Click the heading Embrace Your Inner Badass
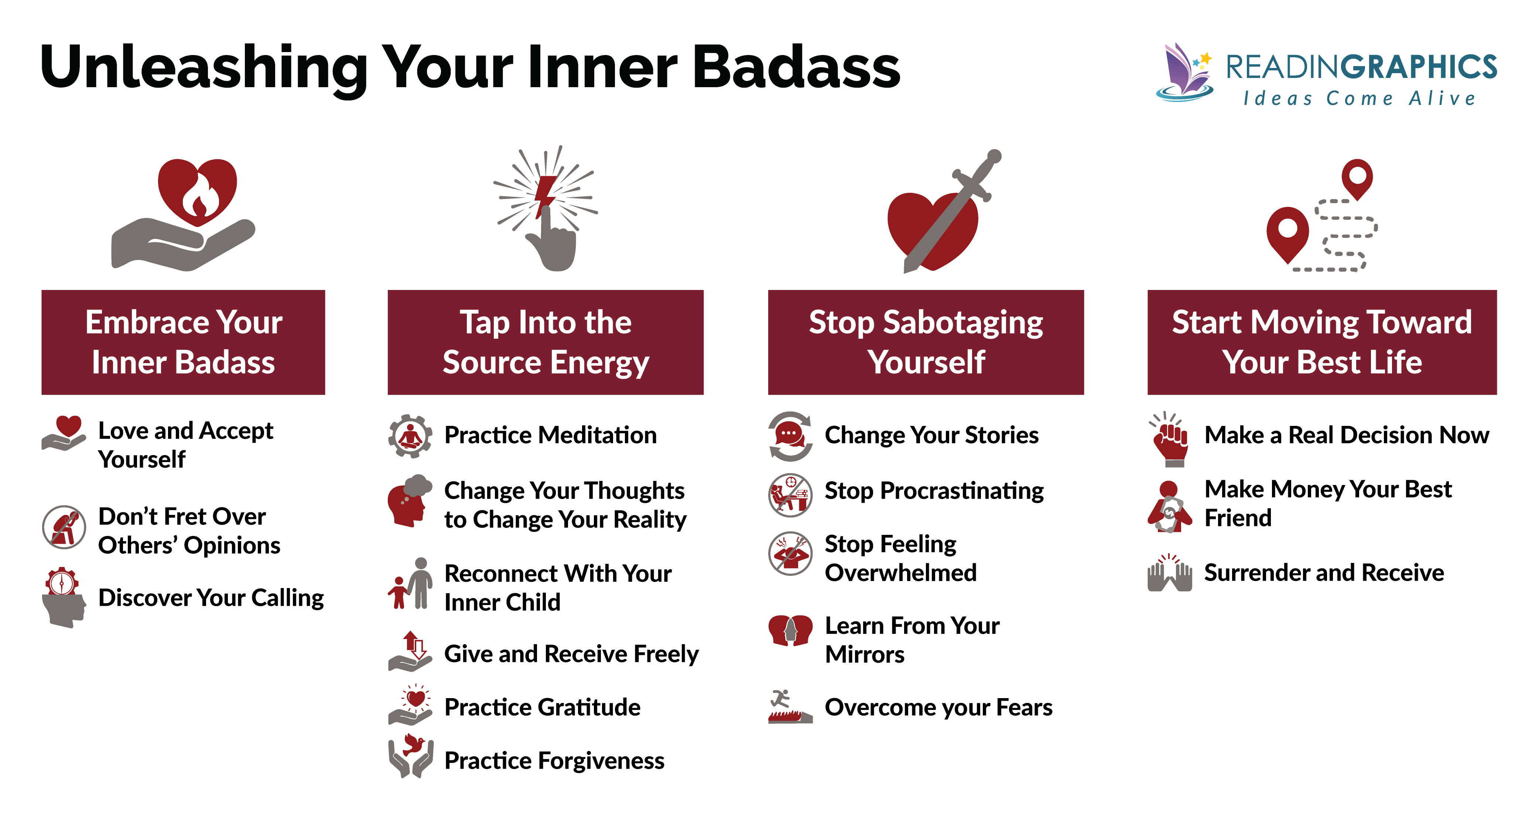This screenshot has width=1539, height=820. click(184, 342)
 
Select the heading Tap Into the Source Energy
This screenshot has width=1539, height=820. click(546, 342)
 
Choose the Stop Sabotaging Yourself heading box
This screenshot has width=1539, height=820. click(926, 342)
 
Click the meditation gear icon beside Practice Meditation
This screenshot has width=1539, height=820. click(410, 436)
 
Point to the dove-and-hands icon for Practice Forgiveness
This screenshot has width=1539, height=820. click(410, 756)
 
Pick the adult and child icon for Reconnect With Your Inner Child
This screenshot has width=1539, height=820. click(411, 584)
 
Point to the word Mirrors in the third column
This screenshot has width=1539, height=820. click(865, 655)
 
